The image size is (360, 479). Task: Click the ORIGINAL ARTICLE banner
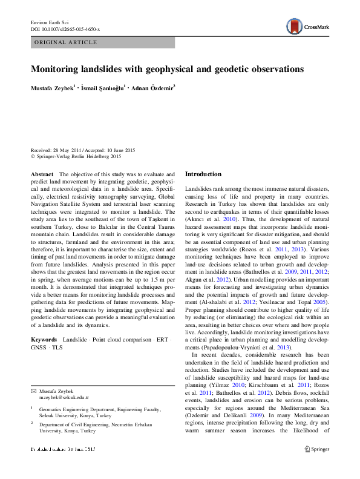(66, 42)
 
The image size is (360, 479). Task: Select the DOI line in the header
(65, 29)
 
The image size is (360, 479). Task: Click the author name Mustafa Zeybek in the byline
(53, 88)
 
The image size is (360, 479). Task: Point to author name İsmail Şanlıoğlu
(102, 88)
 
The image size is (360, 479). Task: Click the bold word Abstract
(42, 174)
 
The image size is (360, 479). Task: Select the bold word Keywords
(45, 340)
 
